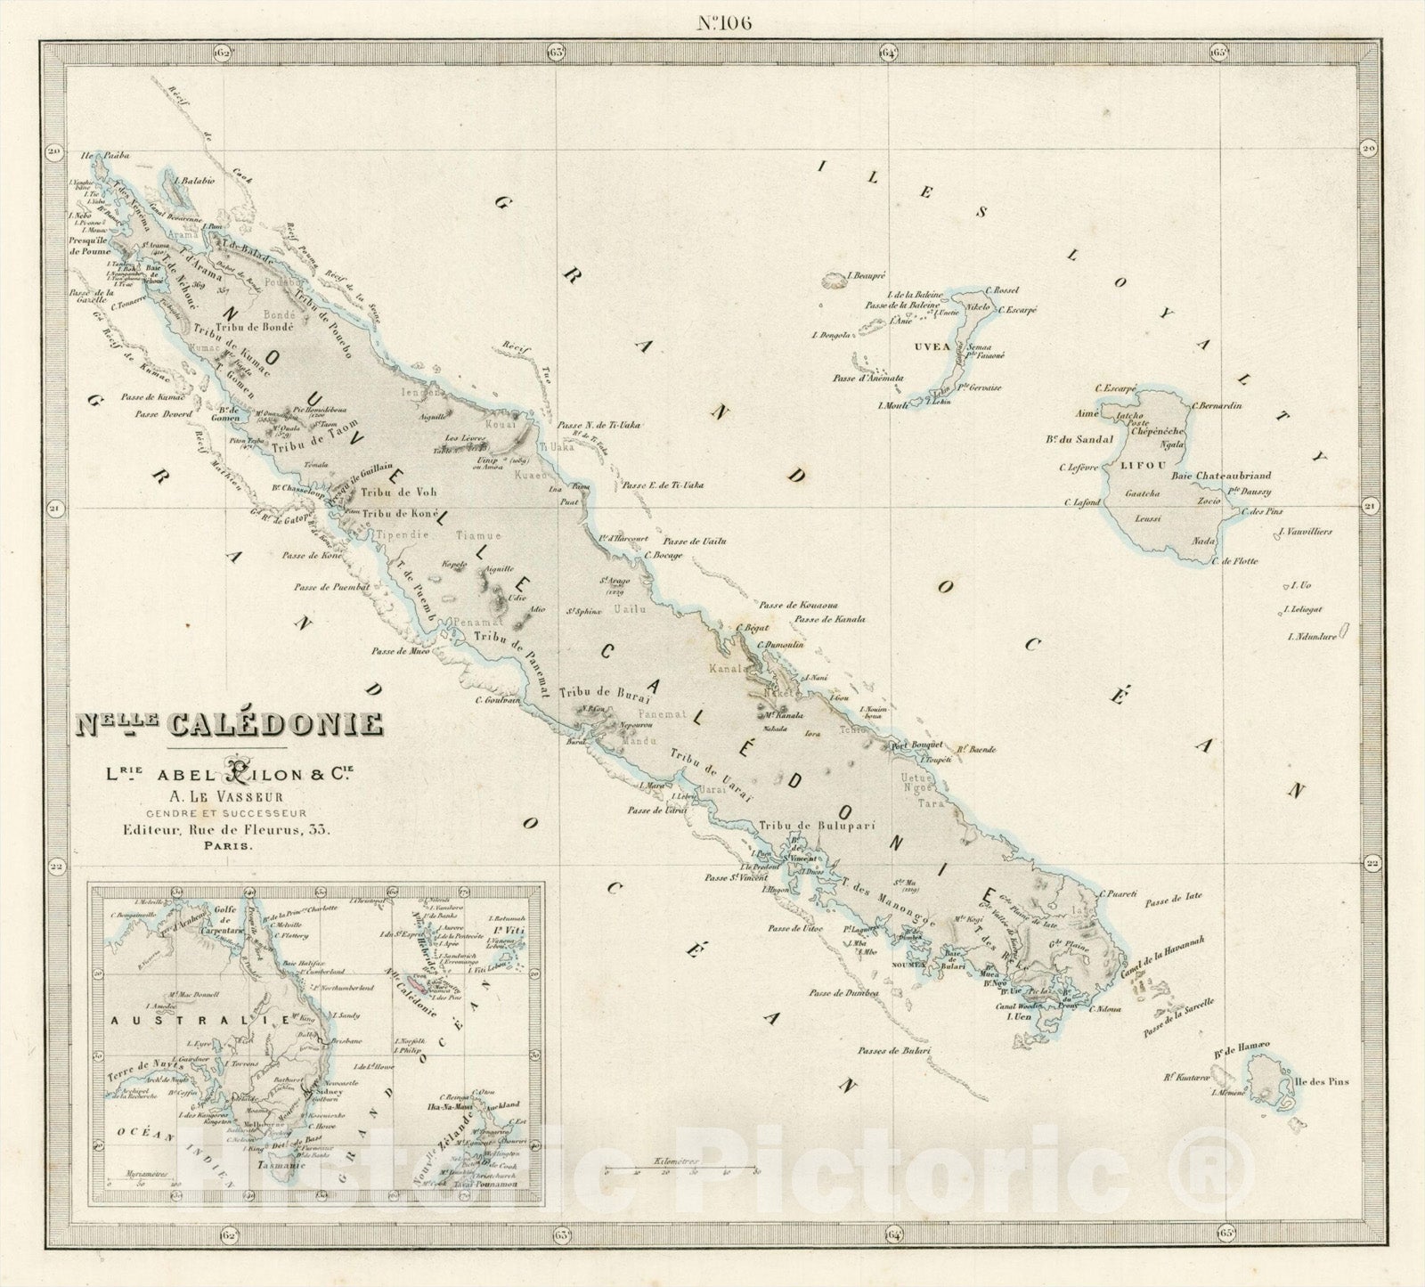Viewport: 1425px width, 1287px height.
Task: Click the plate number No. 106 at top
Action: [x=722, y=23]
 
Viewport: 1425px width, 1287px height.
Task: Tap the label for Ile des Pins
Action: [x=1324, y=1082]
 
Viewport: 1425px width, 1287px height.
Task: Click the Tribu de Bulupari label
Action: [x=795, y=827]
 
